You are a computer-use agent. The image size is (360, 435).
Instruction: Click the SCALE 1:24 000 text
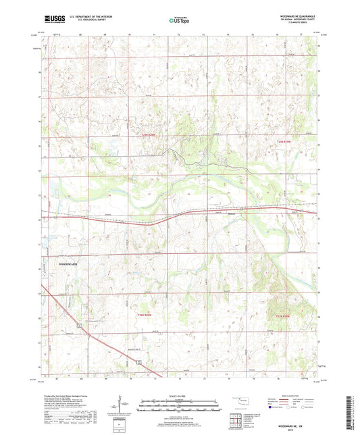point(180,395)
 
